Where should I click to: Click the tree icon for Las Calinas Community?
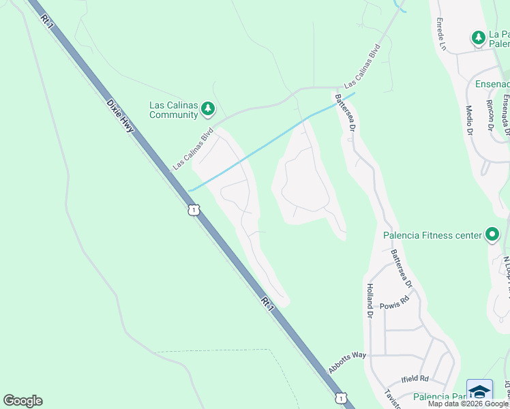click(x=208, y=108)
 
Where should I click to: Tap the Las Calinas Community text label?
click(x=173, y=110)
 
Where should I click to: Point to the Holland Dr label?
click(x=370, y=301)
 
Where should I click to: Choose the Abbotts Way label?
click(x=348, y=362)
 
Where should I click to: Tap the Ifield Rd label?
click(x=415, y=378)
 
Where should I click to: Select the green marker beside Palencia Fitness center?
click(x=492, y=235)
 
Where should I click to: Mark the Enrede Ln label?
click(x=440, y=34)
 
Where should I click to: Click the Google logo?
click(x=22, y=401)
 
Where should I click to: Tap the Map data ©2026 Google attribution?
click(x=468, y=404)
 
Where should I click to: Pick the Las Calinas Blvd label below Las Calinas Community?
click(x=194, y=148)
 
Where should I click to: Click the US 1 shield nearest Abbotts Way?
click(x=340, y=397)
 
